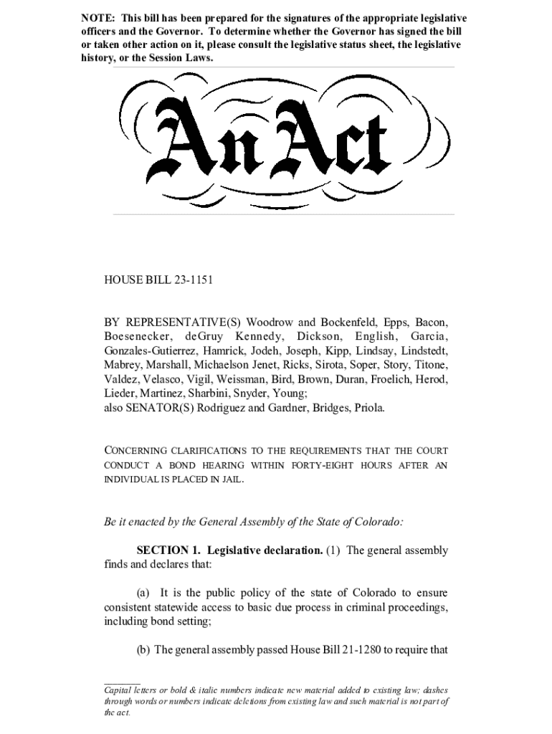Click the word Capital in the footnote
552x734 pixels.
pyautogui.click(x=119, y=690)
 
